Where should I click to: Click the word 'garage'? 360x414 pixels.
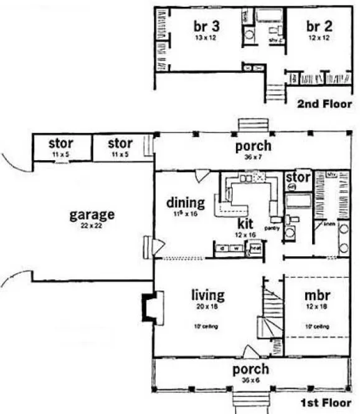(x=92, y=215)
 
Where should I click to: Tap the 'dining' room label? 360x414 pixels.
(x=186, y=202)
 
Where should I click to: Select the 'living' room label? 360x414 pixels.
(x=209, y=295)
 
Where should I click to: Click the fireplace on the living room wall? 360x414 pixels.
(x=150, y=308)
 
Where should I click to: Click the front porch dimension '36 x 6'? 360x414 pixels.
(x=251, y=381)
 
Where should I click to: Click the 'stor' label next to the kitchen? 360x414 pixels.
(x=298, y=179)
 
